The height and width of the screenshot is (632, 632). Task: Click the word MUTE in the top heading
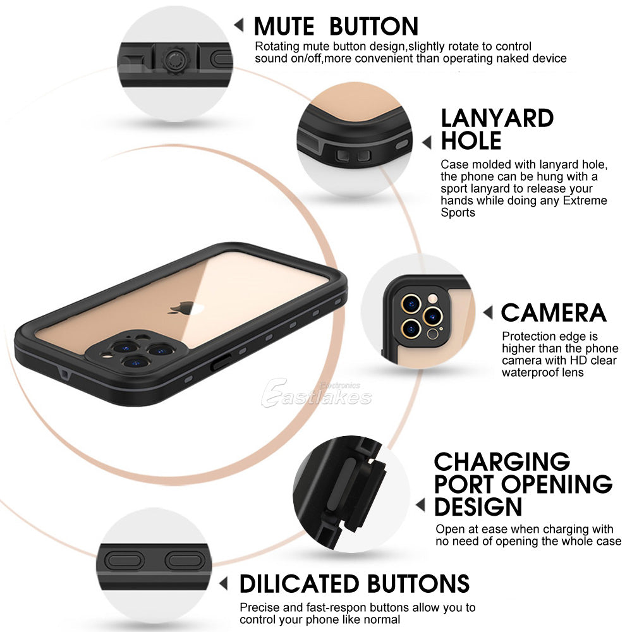[284, 27]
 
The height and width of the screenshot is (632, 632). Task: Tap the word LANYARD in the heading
[497, 119]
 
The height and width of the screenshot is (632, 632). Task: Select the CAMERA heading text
[554, 313]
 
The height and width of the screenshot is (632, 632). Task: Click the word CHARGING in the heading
[502, 461]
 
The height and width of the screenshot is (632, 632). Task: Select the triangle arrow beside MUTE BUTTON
[239, 25]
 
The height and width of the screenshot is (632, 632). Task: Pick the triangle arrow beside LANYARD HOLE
[427, 142]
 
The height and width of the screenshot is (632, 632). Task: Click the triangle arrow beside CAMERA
[488, 312]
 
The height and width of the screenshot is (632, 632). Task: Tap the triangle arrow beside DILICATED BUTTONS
[224, 583]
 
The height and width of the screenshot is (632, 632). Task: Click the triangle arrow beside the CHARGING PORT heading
[420, 505]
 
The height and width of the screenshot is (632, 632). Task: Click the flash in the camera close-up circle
[433, 299]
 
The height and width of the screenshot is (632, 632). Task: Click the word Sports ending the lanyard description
[458, 212]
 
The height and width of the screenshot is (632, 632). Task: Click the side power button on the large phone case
[221, 362]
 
